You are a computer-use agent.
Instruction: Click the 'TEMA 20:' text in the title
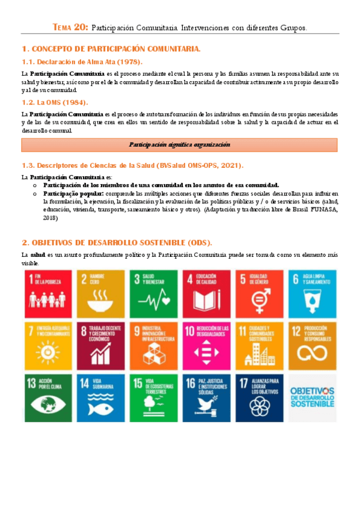[x=70, y=27]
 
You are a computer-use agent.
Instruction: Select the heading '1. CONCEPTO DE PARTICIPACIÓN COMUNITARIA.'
[x=111, y=49]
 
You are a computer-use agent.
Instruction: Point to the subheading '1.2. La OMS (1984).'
[x=55, y=102]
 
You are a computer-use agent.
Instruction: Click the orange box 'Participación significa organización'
[x=179, y=144]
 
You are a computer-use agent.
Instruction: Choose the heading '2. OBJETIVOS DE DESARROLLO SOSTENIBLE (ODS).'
[x=117, y=242]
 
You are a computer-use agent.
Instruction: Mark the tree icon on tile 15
[x=152, y=406]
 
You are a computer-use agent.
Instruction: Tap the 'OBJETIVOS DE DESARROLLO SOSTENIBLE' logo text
[x=311, y=397]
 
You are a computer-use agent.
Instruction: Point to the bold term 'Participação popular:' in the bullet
[x=73, y=194]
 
